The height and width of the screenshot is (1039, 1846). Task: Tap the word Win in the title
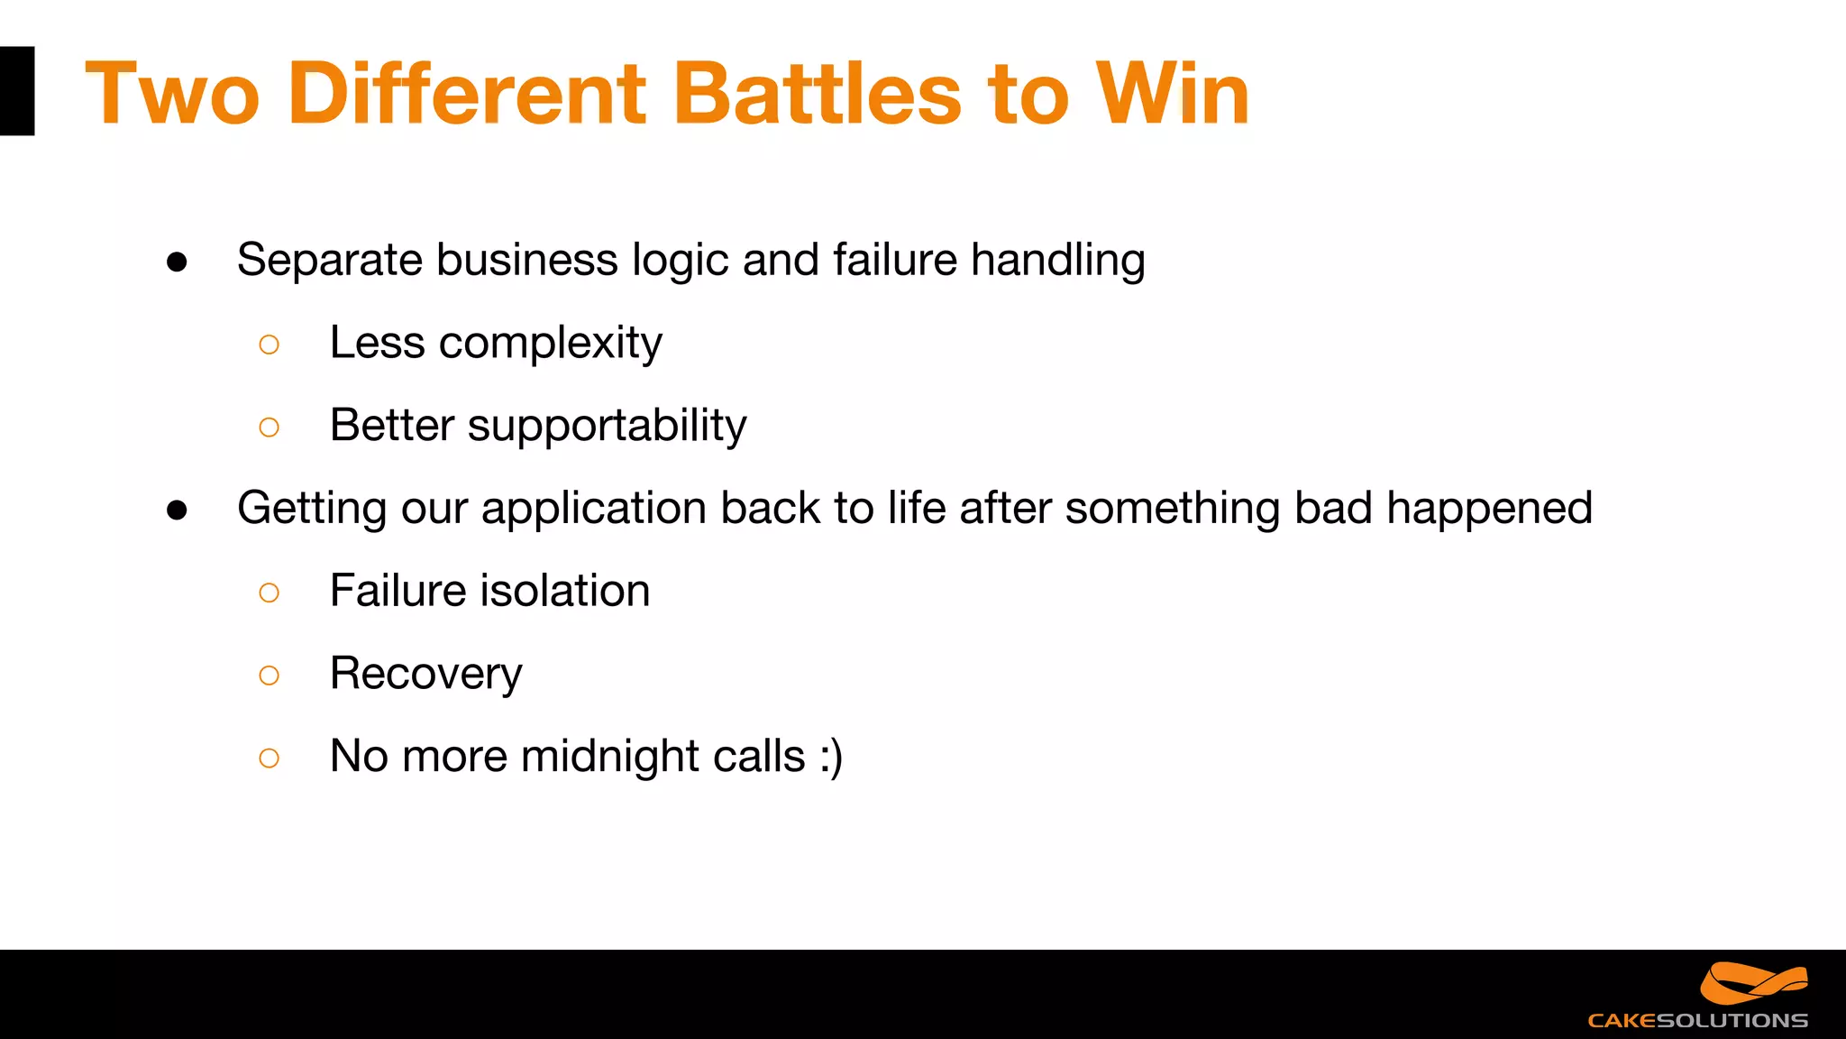(1173, 93)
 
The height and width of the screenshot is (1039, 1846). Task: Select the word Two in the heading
(172, 93)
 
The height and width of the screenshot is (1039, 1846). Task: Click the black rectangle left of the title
(16, 91)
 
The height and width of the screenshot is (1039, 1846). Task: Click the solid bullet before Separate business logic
(178, 262)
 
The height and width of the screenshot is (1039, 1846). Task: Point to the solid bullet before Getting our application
(178, 510)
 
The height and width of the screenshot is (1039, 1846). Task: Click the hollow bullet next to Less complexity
(269, 345)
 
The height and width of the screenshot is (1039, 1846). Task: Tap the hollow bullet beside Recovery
(269, 676)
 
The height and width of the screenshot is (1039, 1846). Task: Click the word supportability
(607, 426)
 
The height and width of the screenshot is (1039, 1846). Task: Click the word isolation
(565, 591)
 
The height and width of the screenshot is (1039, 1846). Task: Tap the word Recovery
(425, 674)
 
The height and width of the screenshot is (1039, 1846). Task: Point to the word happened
(1489, 509)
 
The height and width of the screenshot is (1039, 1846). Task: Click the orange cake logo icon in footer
(1753, 983)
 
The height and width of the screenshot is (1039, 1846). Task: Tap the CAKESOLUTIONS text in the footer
(1697, 1021)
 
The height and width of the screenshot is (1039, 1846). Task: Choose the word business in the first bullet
(527, 261)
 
